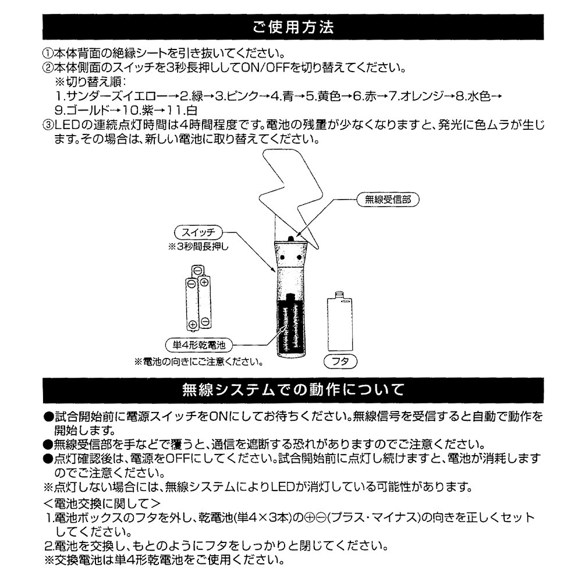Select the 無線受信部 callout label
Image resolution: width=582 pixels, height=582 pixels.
(387, 199)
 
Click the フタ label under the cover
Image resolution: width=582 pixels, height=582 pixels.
(339, 362)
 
